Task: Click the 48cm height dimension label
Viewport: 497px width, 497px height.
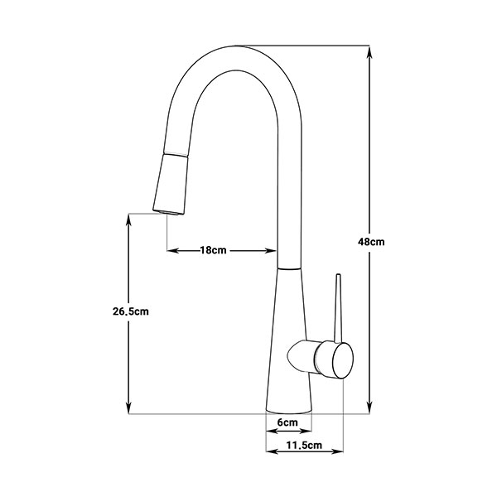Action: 371,242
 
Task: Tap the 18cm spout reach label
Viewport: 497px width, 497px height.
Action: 213,250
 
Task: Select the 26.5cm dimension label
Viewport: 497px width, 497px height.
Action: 131,311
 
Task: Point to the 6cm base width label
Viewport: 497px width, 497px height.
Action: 287,422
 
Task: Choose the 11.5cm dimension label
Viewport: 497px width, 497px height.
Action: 304,446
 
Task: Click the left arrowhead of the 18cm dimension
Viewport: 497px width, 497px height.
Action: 174,251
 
